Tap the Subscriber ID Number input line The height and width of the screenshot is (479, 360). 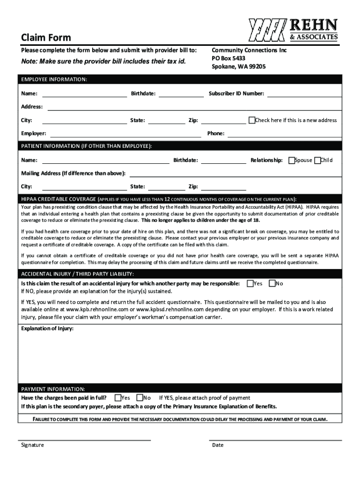pyautogui.click(x=304, y=94)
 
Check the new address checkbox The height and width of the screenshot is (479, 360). pyautogui.click(x=252, y=120)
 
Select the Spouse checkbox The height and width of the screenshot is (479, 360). pyautogui.click(x=292, y=160)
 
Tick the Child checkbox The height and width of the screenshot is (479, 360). pyautogui.click(x=318, y=160)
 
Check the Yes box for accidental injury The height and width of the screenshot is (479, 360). pyautogui.click(x=250, y=283)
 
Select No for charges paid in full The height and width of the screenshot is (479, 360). pyautogui.click(x=139, y=398)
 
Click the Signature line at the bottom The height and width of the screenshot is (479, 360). pyautogui.click(x=84, y=439)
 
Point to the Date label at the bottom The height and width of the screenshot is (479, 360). pyautogui.click(x=217, y=445)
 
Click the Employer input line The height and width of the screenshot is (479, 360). pyautogui.click(x=124, y=135)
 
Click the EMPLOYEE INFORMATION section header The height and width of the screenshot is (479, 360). pyautogui.click(x=54, y=80)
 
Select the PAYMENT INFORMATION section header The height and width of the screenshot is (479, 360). pyautogui.click(x=53, y=389)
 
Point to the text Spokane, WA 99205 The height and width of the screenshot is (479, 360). pyautogui.click(x=238, y=67)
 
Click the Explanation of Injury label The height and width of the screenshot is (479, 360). pyautogui.click(x=47, y=328)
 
